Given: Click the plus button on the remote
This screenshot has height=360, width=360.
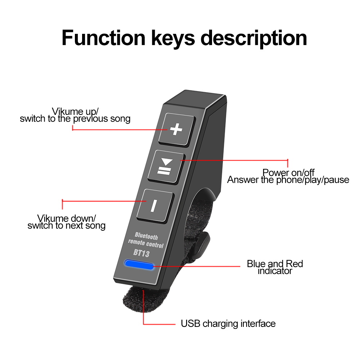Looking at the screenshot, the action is click(176, 129).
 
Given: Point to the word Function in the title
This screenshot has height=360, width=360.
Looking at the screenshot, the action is click(103, 38).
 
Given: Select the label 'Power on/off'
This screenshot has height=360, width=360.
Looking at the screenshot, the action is click(288, 172).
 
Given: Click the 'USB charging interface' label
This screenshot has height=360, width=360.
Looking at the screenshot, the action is click(228, 324).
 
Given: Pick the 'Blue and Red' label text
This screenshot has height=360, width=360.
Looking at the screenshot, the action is click(275, 264).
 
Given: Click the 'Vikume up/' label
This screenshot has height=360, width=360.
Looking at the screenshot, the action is click(75, 111).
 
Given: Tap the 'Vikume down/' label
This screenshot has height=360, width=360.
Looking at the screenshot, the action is click(67, 218).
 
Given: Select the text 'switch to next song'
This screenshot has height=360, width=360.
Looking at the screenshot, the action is click(67, 226).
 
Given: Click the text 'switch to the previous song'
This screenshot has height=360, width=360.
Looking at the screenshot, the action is click(75, 118).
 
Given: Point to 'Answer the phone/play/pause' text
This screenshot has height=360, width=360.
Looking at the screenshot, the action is click(288, 180).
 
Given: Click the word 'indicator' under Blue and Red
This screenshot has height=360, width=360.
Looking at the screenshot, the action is click(275, 271).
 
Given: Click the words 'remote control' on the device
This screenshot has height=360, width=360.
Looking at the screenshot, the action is click(146, 244).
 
